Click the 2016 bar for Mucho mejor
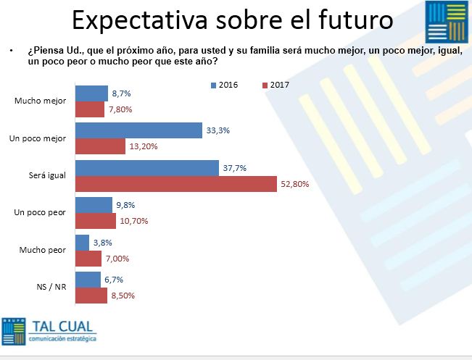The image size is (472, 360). [92, 93]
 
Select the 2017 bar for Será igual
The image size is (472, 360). [176, 185]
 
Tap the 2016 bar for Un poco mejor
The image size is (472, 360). [138, 130]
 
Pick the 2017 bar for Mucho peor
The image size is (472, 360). [88, 259]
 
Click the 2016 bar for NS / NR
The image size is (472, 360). [88, 280]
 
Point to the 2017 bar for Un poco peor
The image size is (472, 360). [95, 221]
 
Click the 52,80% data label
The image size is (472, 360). [294, 184]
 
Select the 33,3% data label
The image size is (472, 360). [217, 130]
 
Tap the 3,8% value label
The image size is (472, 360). [102, 243]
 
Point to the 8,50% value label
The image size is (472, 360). [122, 296]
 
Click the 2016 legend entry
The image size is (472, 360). [224, 85]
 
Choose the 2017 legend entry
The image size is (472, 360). [274, 85]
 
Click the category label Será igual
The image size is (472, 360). [48, 175]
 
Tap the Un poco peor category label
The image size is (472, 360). [41, 213]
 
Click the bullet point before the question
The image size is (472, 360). [12, 51]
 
